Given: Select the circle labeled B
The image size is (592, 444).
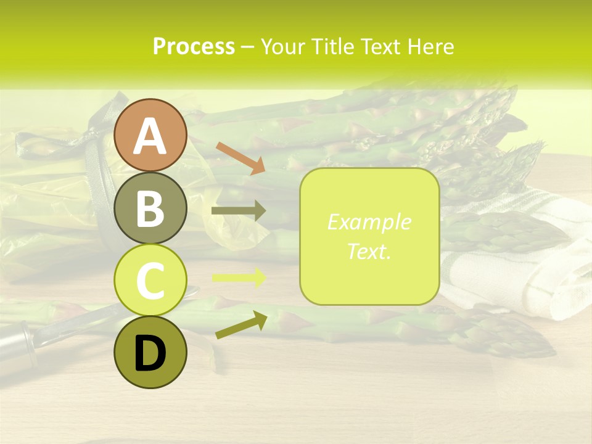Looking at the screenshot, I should tap(150, 208).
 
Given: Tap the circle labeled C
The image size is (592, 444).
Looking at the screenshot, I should tap(150, 280).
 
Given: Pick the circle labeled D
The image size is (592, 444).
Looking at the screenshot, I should tap(150, 352).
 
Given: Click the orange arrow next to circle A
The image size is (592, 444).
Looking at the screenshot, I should tap(240, 157).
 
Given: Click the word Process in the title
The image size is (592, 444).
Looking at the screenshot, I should tap(194, 47).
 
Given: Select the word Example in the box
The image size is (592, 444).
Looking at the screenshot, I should tap(369, 223).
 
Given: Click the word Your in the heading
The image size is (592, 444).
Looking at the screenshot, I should tap(281, 47).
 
